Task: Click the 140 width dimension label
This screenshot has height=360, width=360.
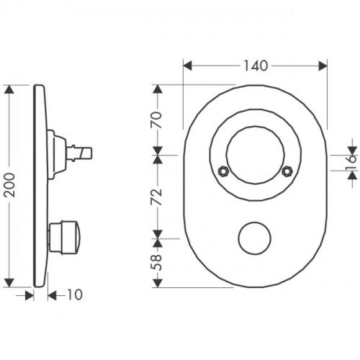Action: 256,66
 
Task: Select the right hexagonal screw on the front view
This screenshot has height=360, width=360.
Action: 287,171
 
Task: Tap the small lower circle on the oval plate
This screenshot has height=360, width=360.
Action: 256,237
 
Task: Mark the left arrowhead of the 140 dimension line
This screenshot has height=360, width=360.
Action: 187,66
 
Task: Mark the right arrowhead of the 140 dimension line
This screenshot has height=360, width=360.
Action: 325,66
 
